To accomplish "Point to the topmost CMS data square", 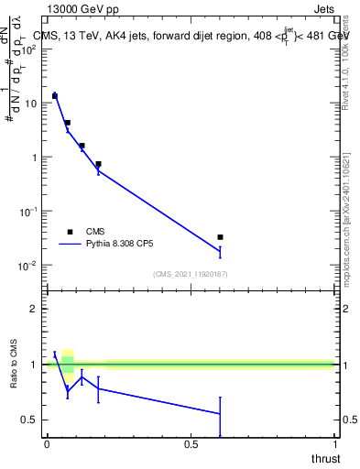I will (55, 95).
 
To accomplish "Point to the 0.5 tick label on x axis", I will (191, 444).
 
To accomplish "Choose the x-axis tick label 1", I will (335, 444).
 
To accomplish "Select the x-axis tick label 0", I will (47, 444).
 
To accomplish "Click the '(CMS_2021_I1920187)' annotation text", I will (191, 273).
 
